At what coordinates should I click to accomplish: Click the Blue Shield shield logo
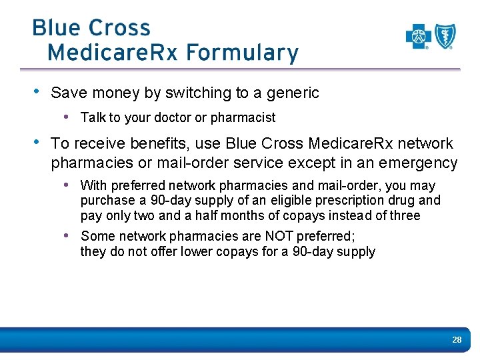pos(445,37)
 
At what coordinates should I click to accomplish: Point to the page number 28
pos(457,340)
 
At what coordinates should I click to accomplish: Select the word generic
pos(292,93)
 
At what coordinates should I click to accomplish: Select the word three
pos(405,215)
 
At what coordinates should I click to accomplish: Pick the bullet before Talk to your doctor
pos(67,117)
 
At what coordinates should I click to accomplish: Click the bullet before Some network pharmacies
pos(67,235)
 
